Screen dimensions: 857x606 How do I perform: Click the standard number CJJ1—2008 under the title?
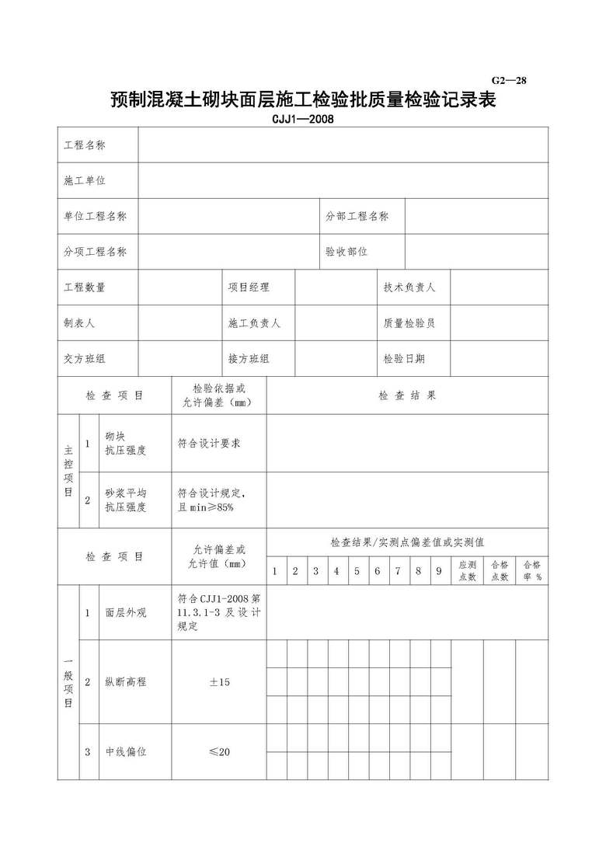pyautogui.click(x=302, y=120)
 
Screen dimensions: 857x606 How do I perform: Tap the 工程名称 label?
pyautogui.click(x=85, y=145)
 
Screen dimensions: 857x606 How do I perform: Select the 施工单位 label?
pyautogui.click(x=85, y=180)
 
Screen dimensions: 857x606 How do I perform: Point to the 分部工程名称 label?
pyautogui.click(x=357, y=216)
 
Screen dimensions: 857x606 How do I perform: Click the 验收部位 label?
pyautogui.click(x=347, y=251)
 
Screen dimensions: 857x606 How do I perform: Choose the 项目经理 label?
pyautogui.click(x=249, y=287)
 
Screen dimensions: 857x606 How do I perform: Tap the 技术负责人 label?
pyautogui.click(x=409, y=287)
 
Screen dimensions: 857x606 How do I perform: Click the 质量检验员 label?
pyautogui.click(x=409, y=323)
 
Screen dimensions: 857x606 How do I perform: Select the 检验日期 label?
pyautogui.click(x=404, y=359)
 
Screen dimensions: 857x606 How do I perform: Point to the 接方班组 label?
pyautogui.click(x=249, y=359)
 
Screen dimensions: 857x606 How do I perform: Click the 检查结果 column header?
pyautogui.click(x=407, y=395)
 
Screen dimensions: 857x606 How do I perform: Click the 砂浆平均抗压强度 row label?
pyautogui.click(x=126, y=500)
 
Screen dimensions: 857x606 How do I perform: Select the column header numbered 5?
pyautogui.click(x=357, y=572)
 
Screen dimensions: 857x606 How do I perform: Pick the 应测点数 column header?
pyautogui.click(x=468, y=571)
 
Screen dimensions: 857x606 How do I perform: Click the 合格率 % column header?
pyautogui.click(x=532, y=571)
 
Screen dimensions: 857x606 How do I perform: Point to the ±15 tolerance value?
pyautogui.click(x=219, y=683)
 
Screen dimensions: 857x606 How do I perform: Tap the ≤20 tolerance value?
pyautogui.click(x=219, y=752)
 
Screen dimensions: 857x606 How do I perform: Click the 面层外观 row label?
pyautogui.click(x=126, y=613)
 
